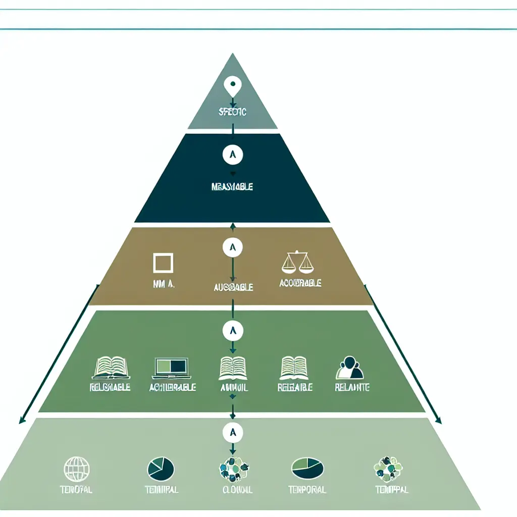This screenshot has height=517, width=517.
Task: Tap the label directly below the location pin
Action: tap(233, 112)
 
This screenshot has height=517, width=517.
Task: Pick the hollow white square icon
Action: tap(163, 264)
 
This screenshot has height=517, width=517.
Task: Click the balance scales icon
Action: tap(296, 262)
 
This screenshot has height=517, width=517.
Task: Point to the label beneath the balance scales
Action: tap(300, 283)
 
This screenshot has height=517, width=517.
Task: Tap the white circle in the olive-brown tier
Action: tap(232, 247)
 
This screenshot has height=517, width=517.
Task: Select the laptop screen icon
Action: tap(170, 368)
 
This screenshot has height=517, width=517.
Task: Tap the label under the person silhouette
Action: tap(352, 387)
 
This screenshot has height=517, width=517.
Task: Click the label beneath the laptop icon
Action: tap(173, 388)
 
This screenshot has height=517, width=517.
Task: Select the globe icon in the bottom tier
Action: tap(77, 469)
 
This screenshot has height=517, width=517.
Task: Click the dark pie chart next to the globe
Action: tap(161, 469)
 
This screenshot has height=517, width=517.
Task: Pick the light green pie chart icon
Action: tap(307, 469)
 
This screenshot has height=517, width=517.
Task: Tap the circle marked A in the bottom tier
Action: tap(232, 432)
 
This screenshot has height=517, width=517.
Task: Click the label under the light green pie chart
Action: tap(307, 490)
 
